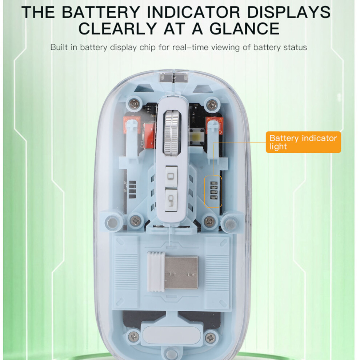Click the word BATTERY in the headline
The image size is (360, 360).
(x=101, y=12)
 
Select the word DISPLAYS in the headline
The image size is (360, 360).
(x=289, y=12)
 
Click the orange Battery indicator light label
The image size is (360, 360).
(x=303, y=142)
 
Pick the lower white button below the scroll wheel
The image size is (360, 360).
(x=171, y=200)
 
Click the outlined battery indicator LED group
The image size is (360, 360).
(x=213, y=192)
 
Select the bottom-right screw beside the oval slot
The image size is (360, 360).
(x=210, y=337)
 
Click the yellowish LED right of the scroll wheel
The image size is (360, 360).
(x=197, y=136)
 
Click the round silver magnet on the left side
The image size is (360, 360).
(x=113, y=222)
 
